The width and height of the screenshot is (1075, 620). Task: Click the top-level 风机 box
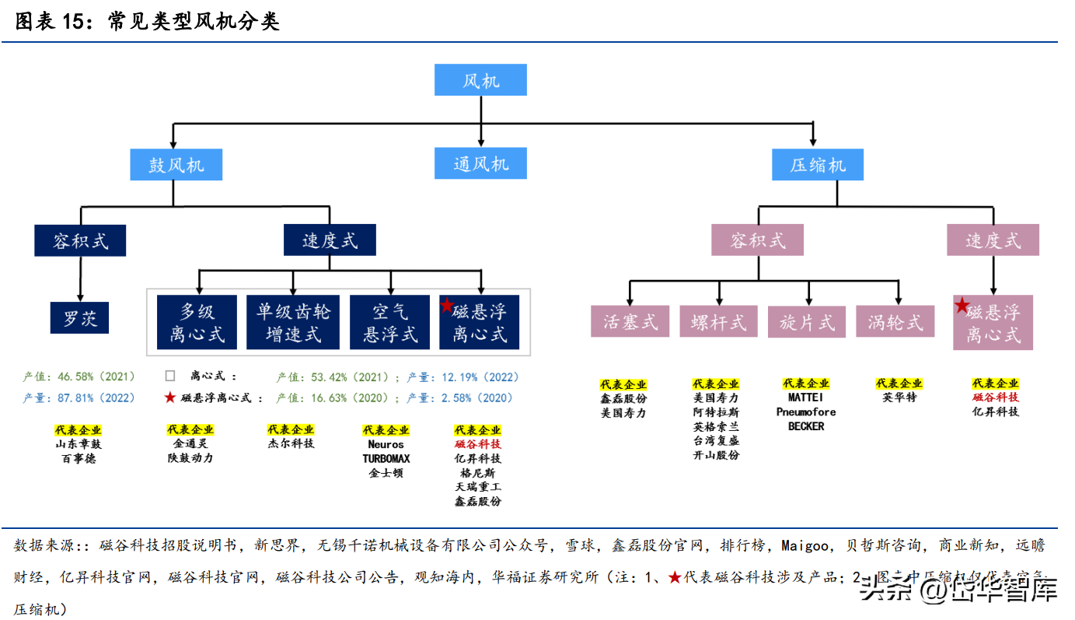[x=480, y=80]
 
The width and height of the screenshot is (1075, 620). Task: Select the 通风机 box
[x=480, y=164]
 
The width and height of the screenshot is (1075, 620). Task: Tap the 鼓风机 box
[x=176, y=165]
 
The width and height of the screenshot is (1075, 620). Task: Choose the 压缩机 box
[x=817, y=165]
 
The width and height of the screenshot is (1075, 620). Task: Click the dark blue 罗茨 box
[x=80, y=317]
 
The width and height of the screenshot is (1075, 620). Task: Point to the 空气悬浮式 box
[x=389, y=322]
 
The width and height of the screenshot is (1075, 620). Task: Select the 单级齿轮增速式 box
[x=293, y=322]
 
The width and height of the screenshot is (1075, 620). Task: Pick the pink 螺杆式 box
[x=718, y=321]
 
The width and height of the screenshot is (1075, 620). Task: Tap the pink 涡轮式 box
[x=895, y=321]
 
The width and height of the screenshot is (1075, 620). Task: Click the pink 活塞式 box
[x=630, y=321]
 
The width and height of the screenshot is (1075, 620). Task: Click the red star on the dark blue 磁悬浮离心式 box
[x=446, y=306]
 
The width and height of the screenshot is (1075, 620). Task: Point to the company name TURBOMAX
[x=386, y=458]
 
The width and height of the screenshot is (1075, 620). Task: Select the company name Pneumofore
[x=806, y=412]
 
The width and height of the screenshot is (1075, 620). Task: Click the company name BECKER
[x=806, y=426]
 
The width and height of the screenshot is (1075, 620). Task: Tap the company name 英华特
[x=899, y=398]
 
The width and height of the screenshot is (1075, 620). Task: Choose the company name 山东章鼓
[x=78, y=444]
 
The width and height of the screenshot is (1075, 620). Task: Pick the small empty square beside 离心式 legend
[x=169, y=377]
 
